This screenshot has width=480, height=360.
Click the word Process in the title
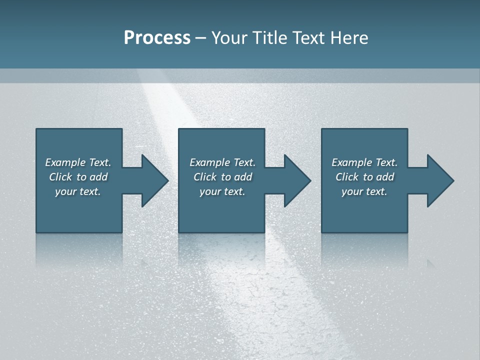(157, 38)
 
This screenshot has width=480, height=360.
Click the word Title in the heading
(269, 38)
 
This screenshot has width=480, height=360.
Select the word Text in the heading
(308, 38)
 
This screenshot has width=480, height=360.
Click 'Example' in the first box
(65, 162)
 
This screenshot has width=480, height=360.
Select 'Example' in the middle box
(209, 162)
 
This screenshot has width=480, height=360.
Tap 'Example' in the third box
(351, 162)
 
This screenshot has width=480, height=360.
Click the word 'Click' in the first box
(60, 177)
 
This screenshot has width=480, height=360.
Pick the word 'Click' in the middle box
(205, 177)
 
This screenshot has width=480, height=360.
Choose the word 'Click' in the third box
(347, 177)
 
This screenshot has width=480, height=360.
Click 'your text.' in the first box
(78, 191)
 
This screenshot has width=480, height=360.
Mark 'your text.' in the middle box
(222, 191)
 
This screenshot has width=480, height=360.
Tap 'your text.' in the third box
(364, 191)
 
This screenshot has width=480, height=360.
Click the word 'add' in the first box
(98, 177)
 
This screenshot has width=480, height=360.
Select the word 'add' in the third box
(385, 177)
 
